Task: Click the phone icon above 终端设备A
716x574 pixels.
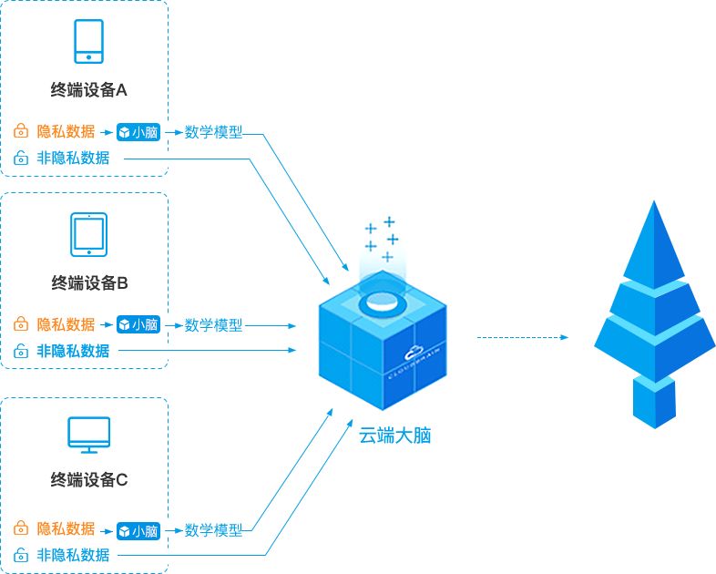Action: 88,41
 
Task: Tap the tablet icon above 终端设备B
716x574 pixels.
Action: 88,234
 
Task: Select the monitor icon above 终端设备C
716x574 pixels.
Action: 88,435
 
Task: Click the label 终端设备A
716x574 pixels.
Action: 88,90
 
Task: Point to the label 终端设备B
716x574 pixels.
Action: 89,283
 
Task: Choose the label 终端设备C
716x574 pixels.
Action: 89,480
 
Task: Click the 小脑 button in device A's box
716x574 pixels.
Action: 138,132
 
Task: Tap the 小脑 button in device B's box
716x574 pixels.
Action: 138,324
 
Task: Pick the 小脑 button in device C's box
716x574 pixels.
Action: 138,531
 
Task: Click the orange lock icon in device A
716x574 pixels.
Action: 21,130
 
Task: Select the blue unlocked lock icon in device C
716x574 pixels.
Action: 21,554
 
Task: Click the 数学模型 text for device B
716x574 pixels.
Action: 213,325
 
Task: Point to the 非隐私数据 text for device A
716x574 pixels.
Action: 73,158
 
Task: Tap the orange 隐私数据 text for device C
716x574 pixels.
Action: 66,528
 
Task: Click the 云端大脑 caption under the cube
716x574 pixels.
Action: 395,436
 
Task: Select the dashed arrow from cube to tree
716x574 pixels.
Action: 523,337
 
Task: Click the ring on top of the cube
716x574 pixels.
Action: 383,302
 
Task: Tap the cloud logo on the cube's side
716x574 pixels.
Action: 414,353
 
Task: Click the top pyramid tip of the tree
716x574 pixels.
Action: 654,201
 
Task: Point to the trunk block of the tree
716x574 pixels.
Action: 654,402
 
